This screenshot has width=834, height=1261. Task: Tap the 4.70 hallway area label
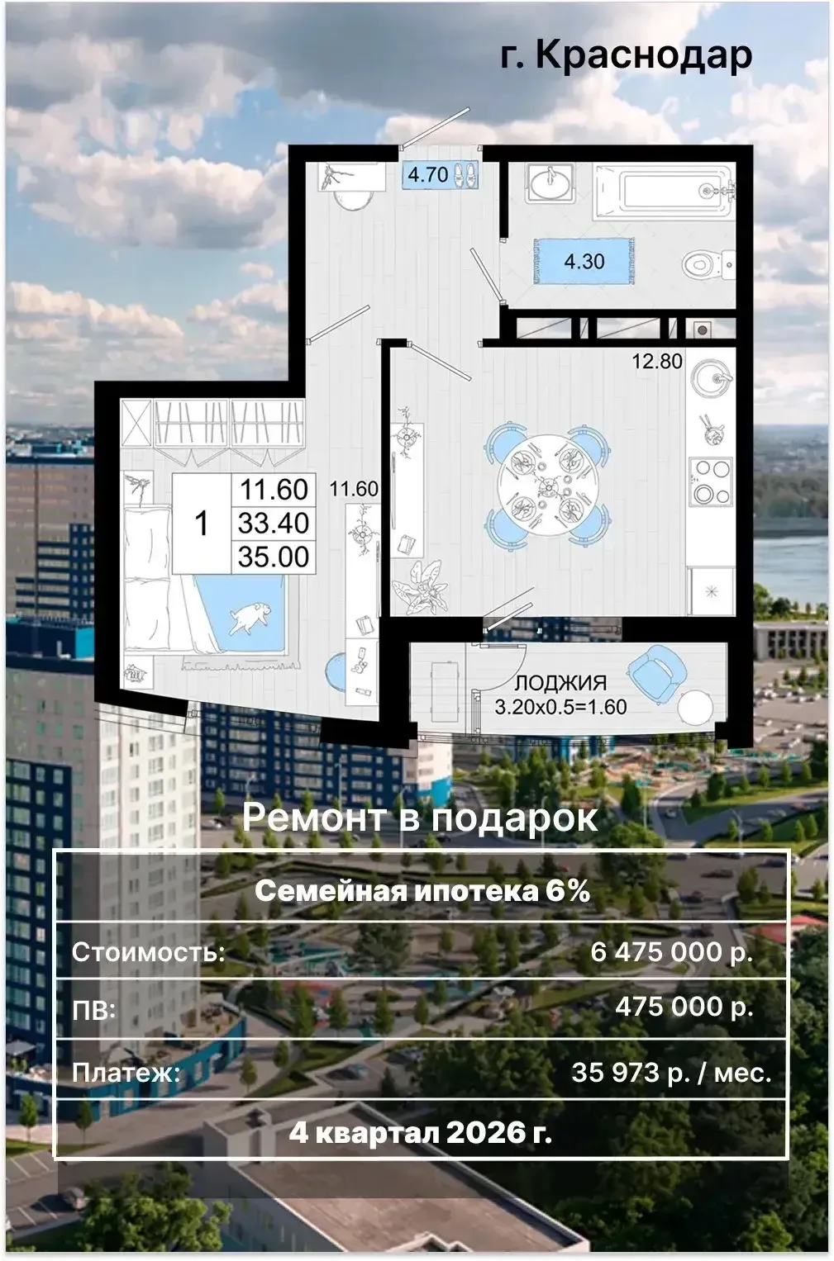coord(428,174)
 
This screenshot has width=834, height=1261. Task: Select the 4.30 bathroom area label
coord(584,261)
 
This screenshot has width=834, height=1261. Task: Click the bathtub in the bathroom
coord(665,191)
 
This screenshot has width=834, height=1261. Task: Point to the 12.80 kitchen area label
coord(657,361)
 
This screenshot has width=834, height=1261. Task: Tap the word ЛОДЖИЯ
coord(561,683)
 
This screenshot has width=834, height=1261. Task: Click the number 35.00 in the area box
coord(274,557)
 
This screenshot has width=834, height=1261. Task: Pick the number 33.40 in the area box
coord(274,523)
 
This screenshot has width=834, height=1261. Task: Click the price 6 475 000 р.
coord(672,952)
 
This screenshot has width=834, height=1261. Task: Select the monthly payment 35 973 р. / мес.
coord(671,1072)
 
